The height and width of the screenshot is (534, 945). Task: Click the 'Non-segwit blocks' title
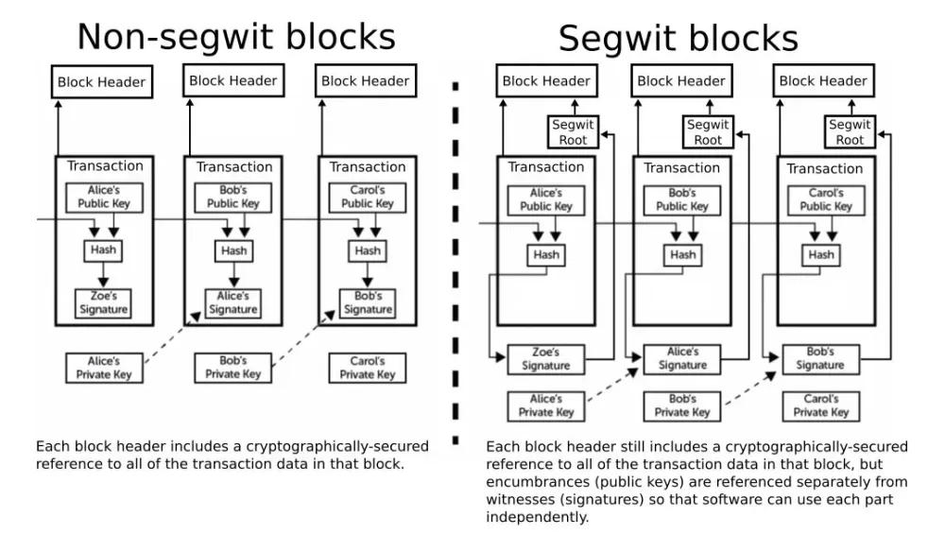pyautogui.click(x=235, y=36)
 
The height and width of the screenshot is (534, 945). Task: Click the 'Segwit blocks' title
pyautogui.click(x=678, y=38)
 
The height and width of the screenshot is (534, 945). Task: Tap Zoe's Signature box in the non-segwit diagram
pyautogui.click(x=103, y=302)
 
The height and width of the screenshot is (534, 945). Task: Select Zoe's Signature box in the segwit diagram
pyautogui.click(x=545, y=358)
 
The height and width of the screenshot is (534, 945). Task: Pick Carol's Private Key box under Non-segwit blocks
pyautogui.click(x=367, y=368)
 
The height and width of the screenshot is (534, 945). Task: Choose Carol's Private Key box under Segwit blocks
pyautogui.click(x=820, y=405)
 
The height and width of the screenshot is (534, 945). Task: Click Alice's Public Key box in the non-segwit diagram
pyautogui.click(x=103, y=198)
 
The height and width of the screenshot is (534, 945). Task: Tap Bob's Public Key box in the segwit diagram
pyautogui.click(x=682, y=199)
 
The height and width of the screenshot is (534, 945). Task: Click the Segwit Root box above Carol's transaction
pyautogui.click(x=850, y=132)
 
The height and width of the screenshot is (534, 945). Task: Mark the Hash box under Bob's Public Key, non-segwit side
pyautogui.click(x=233, y=250)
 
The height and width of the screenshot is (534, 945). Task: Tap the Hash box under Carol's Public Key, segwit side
pyautogui.click(x=821, y=254)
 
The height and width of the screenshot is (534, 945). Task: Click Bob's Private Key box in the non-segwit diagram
pyautogui.click(x=233, y=368)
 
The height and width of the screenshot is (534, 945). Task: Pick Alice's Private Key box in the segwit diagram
pyautogui.click(x=545, y=405)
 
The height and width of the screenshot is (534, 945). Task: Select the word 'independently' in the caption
pyautogui.click(x=537, y=517)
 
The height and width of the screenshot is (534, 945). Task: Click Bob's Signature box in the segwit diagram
pyautogui.click(x=819, y=358)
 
